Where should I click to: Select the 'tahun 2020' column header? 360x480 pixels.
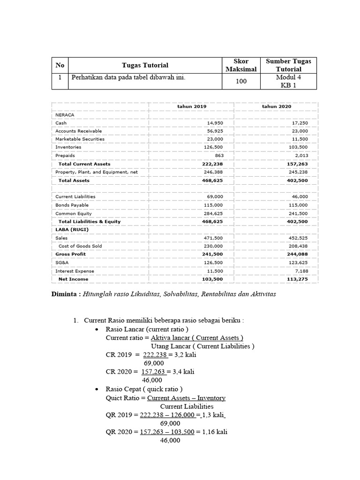pos(277,106)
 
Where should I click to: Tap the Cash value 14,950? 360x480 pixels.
pos(215,123)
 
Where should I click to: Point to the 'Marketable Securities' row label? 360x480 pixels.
pos(80,139)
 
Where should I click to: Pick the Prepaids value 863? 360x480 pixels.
pos(219,156)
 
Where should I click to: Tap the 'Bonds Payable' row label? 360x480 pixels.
pos(72,205)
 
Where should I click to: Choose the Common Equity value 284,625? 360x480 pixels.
pos(214,214)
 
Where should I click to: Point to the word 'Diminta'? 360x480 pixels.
pos(64,294)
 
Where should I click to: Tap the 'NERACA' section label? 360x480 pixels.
pos(65,114)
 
